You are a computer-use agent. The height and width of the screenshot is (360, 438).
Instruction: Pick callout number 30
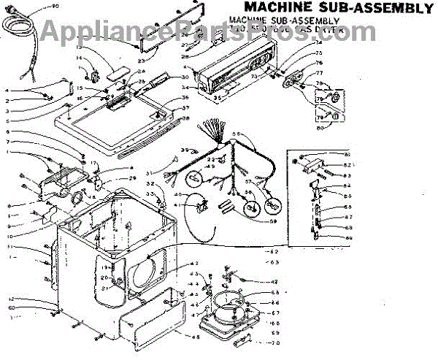pos(185,77)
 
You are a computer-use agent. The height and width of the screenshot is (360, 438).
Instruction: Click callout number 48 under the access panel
pos(195,337)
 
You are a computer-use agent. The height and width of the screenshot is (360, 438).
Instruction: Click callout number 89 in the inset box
pos(349,238)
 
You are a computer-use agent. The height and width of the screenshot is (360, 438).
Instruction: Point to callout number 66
pos(276,302)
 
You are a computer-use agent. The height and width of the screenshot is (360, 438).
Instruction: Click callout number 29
pos(133,178)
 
